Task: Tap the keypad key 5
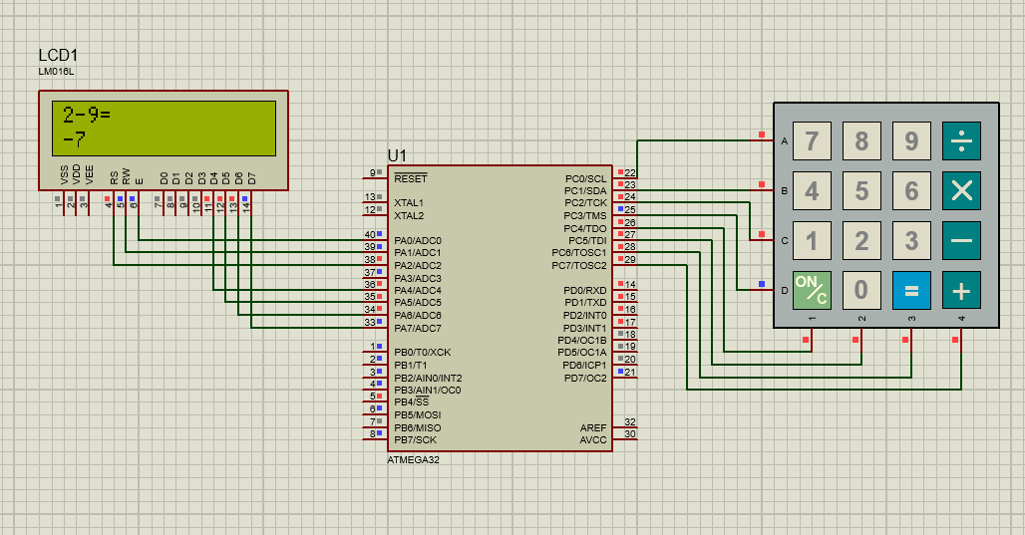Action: (x=861, y=190)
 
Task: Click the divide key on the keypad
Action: (x=961, y=141)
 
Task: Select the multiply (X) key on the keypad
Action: (x=961, y=190)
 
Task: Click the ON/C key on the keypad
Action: (x=812, y=290)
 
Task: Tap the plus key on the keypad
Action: (x=961, y=290)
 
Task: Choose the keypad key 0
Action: (x=861, y=290)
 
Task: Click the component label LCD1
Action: (x=58, y=55)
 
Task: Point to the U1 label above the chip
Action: (x=397, y=155)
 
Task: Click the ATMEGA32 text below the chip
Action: (x=413, y=460)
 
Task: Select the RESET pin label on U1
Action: (x=410, y=179)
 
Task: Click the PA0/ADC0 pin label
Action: (x=417, y=241)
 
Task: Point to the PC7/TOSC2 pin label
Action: (x=578, y=265)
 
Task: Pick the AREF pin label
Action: (x=592, y=427)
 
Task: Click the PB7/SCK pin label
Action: (x=415, y=439)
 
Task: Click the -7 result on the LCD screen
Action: (x=73, y=137)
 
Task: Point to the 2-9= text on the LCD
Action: (x=86, y=114)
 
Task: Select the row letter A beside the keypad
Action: (x=785, y=141)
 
